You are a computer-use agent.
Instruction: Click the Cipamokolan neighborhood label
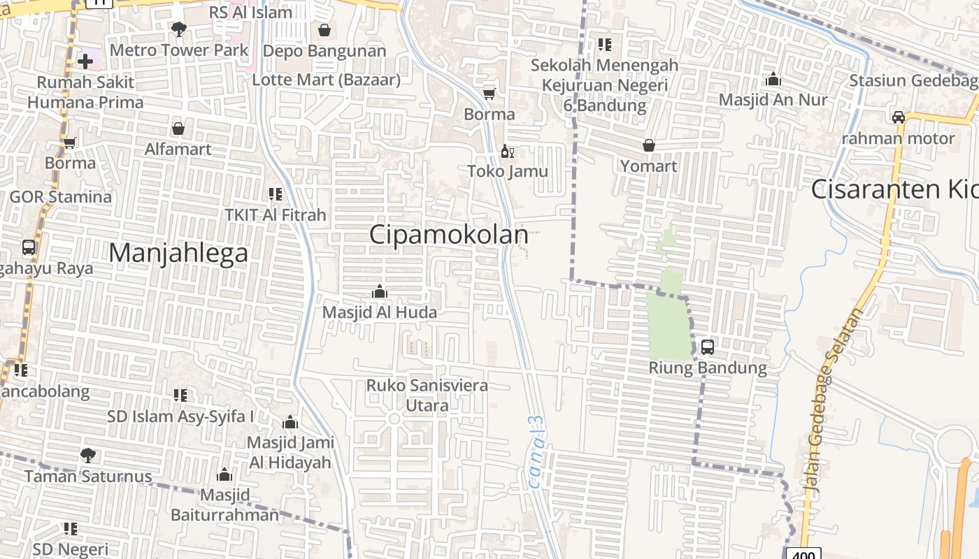448,235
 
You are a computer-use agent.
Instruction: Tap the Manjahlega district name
178,252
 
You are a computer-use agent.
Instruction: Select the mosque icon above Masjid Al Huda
380,291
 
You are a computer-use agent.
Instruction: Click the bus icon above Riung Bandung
707,347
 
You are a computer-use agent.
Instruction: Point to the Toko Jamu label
508,171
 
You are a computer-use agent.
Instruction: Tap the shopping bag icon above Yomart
649,145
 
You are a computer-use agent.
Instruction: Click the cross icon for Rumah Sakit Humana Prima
85,61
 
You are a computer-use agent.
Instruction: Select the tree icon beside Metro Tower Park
178,29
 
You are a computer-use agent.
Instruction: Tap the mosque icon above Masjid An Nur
773,79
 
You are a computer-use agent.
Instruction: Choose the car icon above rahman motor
898,117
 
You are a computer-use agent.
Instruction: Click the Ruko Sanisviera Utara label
427,395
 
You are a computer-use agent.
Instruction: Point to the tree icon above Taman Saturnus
87,456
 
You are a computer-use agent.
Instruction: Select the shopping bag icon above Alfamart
178,129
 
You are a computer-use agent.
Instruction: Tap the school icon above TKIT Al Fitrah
275,194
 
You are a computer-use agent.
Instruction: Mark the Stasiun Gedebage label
913,80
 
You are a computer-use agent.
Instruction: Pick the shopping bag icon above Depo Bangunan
324,30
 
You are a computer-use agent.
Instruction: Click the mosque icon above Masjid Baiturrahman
224,475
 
